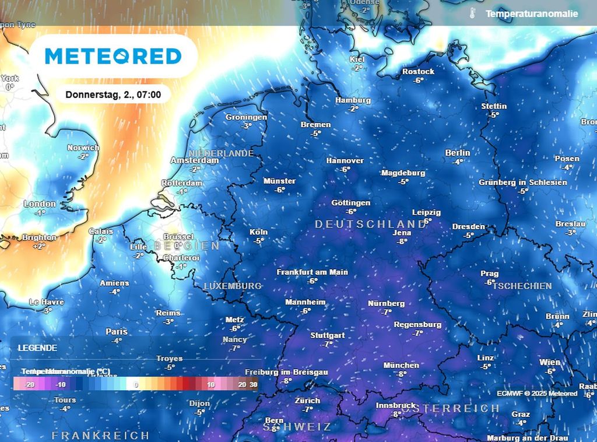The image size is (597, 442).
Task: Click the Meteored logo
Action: tap(113, 56)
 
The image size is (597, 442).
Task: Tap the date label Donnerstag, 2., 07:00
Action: tap(113, 94)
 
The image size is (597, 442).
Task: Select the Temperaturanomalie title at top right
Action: tap(532, 13)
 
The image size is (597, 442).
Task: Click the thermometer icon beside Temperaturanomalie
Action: tap(473, 13)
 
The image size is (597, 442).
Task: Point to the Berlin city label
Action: tap(458, 153)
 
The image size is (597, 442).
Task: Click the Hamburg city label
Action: tap(353, 100)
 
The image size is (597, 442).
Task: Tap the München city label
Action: tap(401, 365)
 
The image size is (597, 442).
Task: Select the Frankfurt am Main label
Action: tap(312, 272)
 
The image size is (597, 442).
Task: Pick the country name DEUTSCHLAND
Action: tap(370, 224)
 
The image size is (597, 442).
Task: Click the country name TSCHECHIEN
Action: tap(522, 286)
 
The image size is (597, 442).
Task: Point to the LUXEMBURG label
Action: tap(232, 286)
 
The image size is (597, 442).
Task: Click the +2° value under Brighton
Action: tap(39, 246)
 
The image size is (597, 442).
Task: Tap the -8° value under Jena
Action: tap(402, 241)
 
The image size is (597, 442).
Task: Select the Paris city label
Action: tap(117, 331)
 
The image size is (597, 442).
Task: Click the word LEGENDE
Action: tap(37, 348)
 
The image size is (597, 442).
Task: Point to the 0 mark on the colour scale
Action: tap(136, 384)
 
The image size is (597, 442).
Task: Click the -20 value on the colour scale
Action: tap(30, 384)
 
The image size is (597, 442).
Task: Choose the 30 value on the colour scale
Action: tap(253, 384)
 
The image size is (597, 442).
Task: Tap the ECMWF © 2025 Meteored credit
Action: tap(537, 394)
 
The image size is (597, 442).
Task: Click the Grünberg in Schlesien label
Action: tap(522, 182)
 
